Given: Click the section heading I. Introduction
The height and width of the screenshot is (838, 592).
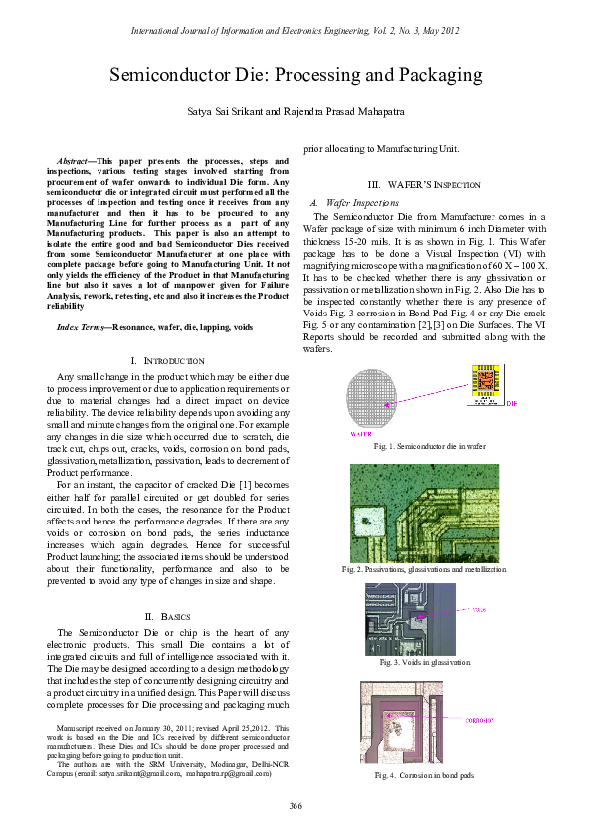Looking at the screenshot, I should click(167, 331).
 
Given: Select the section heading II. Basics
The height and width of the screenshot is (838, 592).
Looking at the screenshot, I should click(167, 618).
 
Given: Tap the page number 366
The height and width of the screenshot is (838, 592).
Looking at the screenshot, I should click(296, 805).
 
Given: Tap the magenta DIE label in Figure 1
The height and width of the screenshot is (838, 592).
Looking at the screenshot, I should click(511, 404).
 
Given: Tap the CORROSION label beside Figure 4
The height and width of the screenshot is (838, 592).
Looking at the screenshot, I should click(482, 718).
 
